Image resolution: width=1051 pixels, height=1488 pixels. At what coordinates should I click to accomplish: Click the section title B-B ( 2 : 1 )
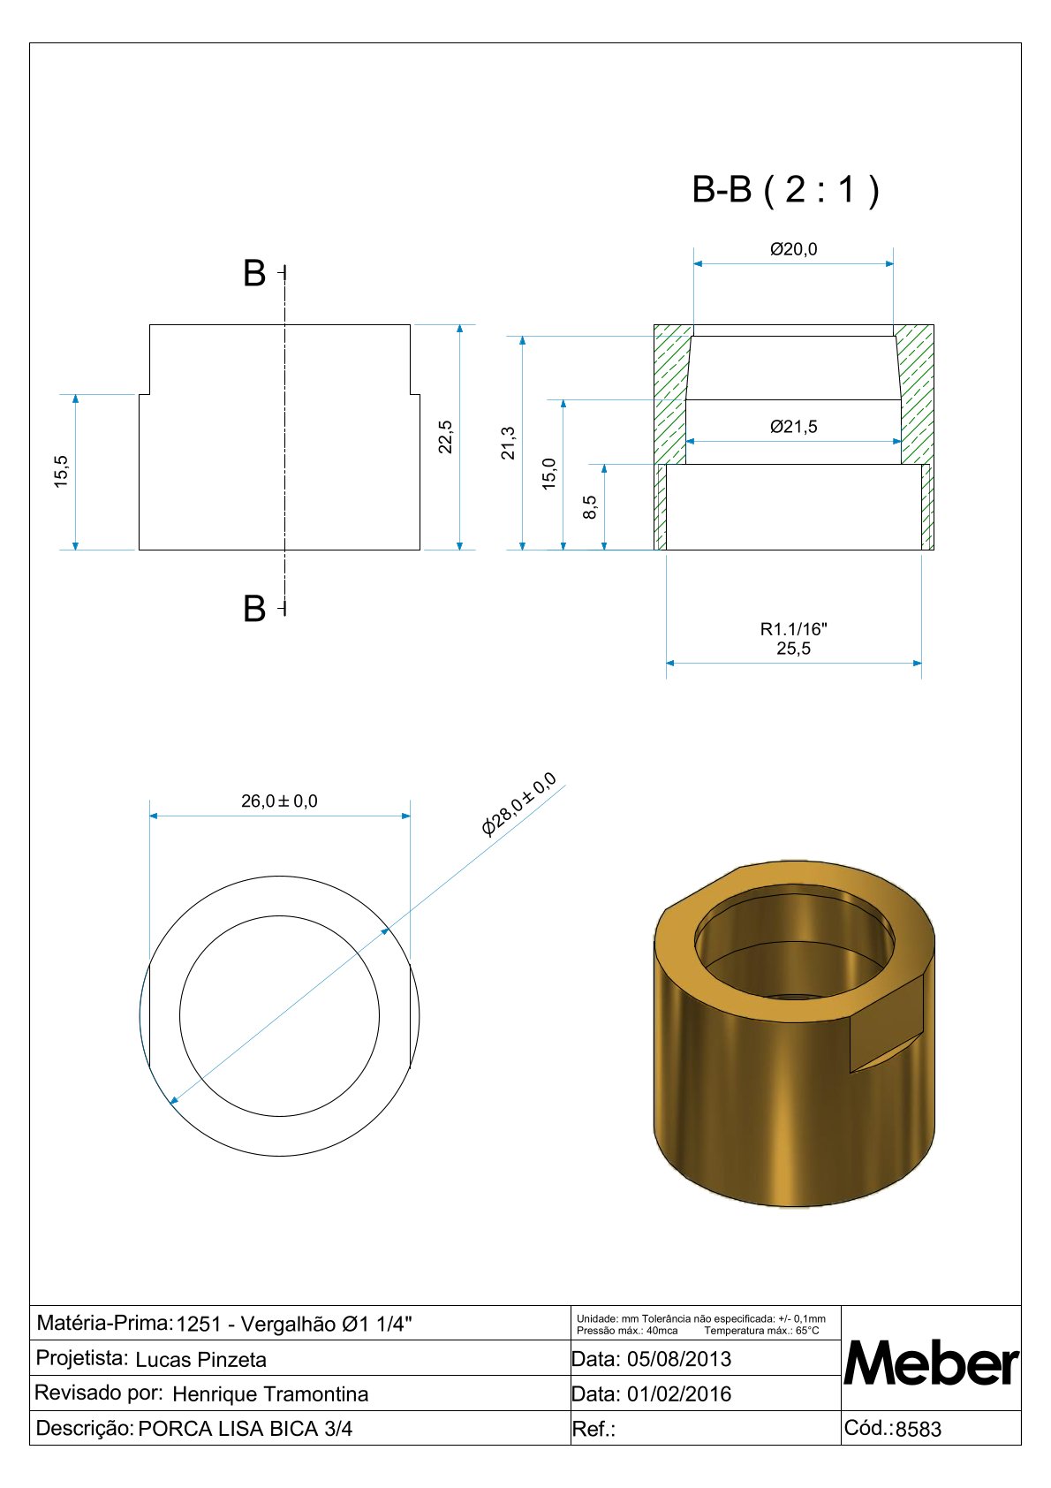click(785, 190)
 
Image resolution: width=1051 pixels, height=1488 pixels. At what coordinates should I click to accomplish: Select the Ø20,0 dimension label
click(793, 249)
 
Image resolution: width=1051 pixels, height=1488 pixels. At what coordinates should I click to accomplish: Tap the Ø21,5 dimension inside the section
click(793, 427)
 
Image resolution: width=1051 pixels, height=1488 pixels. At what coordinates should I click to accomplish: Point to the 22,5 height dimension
click(445, 437)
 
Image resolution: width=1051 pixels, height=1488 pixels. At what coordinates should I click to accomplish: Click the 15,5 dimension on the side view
click(61, 472)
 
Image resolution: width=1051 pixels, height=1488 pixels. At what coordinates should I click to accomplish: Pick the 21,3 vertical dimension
click(508, 443)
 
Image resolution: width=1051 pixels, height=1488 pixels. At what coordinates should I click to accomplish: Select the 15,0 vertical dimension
click(549, 474)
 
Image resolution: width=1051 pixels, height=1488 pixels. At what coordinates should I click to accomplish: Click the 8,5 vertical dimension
click(590, 507)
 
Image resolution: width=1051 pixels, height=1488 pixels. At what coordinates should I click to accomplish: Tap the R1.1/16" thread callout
click(793, 629)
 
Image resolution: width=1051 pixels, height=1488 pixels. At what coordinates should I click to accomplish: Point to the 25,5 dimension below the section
click(793, 649)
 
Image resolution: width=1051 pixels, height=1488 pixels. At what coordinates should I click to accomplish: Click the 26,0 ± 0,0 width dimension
click(279, 801)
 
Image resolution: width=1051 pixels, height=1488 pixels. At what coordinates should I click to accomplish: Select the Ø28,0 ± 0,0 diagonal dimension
click(518, 804)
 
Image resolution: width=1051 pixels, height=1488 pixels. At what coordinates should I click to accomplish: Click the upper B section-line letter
click(254, 273)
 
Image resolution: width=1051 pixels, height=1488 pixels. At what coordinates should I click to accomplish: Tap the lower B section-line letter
click(254, 609)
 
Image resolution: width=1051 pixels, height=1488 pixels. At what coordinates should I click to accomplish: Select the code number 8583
click(919, 1430)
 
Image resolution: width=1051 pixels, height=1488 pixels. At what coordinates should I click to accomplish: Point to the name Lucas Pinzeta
click(200, 1360)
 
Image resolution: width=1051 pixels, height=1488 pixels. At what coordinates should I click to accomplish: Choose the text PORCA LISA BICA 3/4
click(245, 1429)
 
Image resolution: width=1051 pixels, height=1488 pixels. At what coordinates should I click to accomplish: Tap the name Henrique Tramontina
click(270, 1394)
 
